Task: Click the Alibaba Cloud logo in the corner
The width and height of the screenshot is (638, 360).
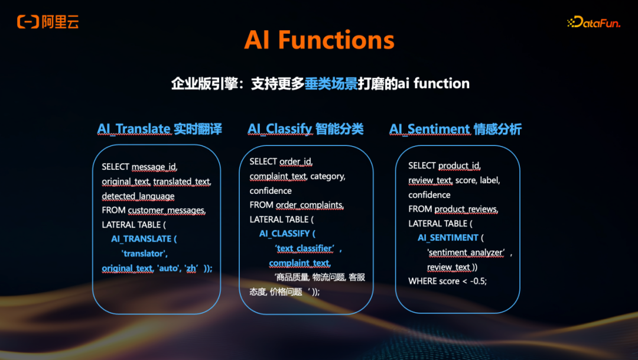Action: (48, 22)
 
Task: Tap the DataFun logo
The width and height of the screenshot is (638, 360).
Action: (593, 22)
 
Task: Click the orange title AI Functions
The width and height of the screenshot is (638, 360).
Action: (319, 40)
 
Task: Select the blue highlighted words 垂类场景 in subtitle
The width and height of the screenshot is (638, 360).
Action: (331, 83)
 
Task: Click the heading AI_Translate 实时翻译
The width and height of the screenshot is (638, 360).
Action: (159, 129)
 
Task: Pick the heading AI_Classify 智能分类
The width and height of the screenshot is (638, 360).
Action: (305, 129)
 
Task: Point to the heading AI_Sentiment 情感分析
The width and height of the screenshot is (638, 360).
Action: (455, 129)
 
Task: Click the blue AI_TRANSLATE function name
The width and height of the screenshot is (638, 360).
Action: (144, 239)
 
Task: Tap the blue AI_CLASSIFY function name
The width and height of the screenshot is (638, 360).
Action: (287, 233)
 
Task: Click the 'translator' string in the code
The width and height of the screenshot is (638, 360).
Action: (144, 253)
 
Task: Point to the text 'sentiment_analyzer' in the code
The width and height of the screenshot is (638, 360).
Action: (466, 252)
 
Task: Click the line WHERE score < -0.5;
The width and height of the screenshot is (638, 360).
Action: (447, 281)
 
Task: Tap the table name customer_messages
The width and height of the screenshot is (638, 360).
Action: (167, 210)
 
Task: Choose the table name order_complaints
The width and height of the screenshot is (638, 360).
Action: (310, 205)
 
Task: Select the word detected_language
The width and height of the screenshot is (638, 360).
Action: (138, 196)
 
